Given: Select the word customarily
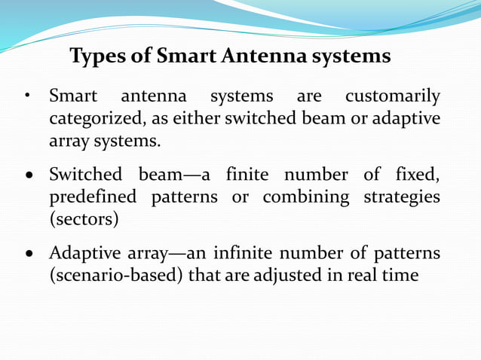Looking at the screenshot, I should pos(392,97).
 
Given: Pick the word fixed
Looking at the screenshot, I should pos(415,175).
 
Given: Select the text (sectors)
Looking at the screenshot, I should pos(81,220).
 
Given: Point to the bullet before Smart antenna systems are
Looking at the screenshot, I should pos(26,98).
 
